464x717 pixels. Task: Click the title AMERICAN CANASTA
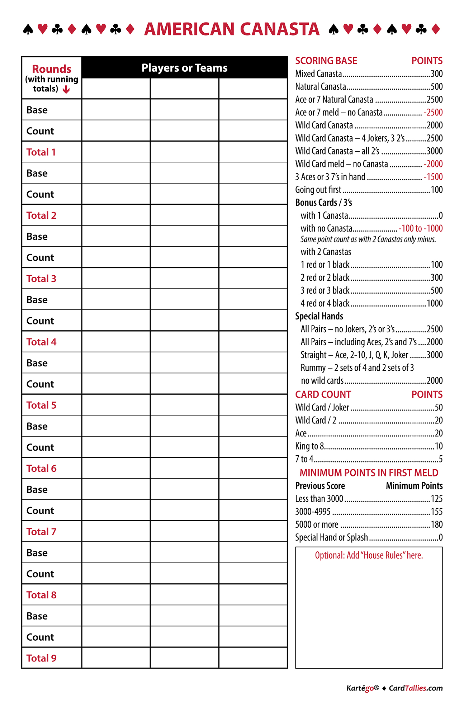232,29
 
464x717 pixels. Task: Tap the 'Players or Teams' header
184,68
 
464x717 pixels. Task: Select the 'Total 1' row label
41,152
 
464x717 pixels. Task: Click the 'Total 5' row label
41,405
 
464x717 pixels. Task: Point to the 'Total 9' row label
41,658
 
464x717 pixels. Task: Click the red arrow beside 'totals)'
66,90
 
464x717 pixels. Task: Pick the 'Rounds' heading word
52,69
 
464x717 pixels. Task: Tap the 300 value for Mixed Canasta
436,74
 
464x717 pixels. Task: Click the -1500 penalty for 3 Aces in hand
433,177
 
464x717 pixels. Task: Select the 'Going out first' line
318,190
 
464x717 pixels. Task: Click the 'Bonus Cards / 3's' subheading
323,203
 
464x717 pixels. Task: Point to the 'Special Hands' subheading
319,316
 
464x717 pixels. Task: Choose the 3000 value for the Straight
435,355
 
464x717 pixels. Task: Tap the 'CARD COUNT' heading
323,394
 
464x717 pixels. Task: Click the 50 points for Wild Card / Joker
439,408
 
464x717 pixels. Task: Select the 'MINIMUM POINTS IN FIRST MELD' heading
369,473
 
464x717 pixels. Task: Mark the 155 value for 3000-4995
436,512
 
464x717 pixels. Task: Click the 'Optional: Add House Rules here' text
369,555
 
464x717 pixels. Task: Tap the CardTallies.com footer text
416,688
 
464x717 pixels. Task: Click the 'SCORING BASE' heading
326,61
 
